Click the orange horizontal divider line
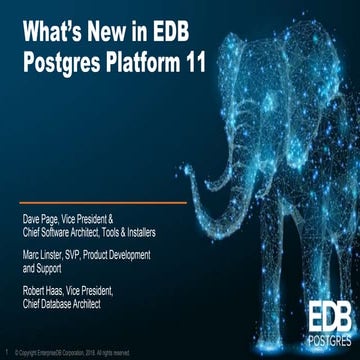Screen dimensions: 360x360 click(x=100, y=202)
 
